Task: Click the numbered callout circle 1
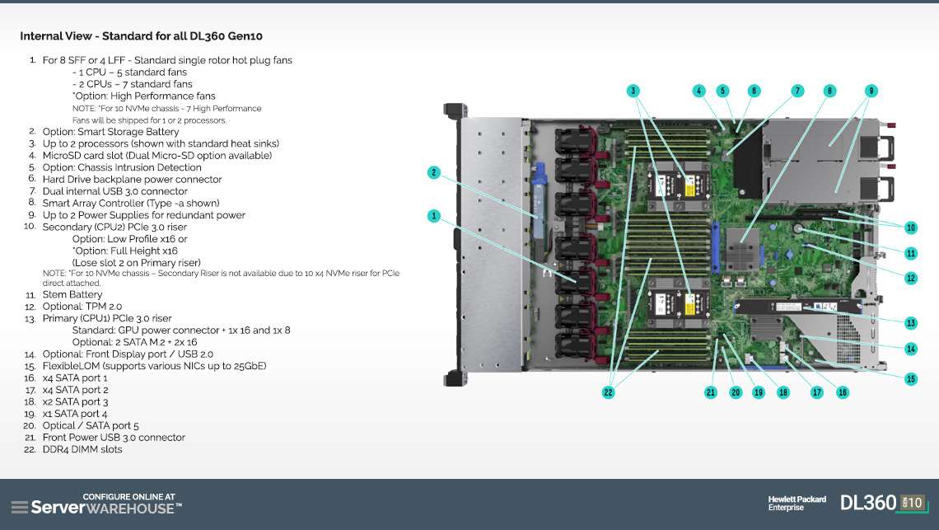point(433,216)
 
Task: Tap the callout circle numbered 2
point(433,172)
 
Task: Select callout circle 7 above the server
point(797,91)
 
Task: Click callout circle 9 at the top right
point(871,91)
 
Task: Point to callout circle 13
point(910,323)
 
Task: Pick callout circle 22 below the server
point(608,392)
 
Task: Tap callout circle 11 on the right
point(910,253)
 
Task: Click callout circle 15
point(910,379)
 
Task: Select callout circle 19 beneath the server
point(759,392)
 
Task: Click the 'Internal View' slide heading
point(142,36)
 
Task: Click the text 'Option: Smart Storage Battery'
point(110,132)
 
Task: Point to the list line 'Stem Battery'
point(72,294)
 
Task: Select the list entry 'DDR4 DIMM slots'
point(82,449)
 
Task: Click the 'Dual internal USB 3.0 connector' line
point(114,191)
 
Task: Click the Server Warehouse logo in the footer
point(96,504)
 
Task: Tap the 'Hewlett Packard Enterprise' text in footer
point(797,503)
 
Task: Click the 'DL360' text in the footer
point(867,502)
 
